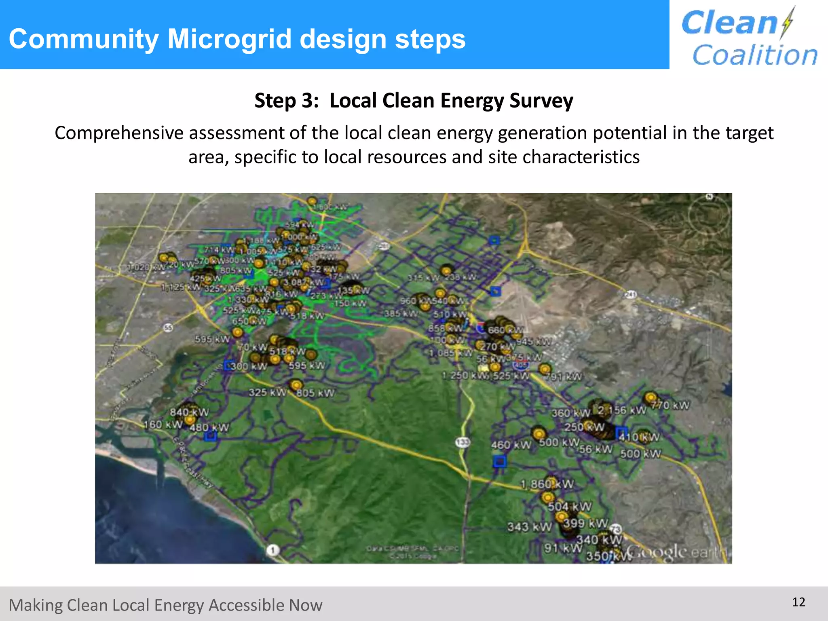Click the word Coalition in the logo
[754, 55]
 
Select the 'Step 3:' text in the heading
[287, 101]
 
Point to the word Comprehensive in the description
[118, 133]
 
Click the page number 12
[798, 602]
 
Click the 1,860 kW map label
[547, 484]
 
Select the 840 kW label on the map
[189, 412]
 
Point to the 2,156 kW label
[622, 410]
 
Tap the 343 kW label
[529, 527]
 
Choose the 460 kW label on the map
[511, 445]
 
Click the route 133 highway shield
[463, 442]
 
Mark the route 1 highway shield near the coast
[273, 550]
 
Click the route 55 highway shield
[168, 327]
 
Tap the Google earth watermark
[677, 552]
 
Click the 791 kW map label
[563, 377]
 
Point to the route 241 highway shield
[631, 294]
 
